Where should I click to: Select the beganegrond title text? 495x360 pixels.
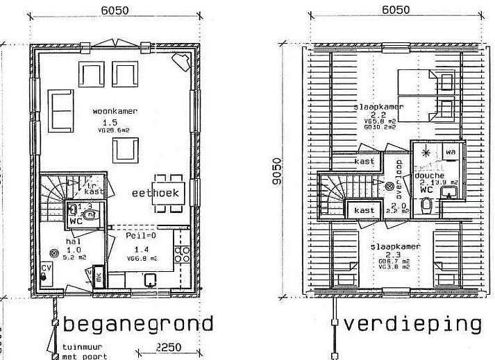tap(138, 325)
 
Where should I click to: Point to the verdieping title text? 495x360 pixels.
tap(412, 325)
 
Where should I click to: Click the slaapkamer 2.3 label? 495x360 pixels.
tap(394, 247)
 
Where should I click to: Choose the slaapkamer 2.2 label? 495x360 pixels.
tap(378, 107)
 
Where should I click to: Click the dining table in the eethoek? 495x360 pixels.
tap(169, 193)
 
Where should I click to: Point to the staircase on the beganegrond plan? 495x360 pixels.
tap(53, 198)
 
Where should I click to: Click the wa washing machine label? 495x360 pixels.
tap(451, 151)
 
